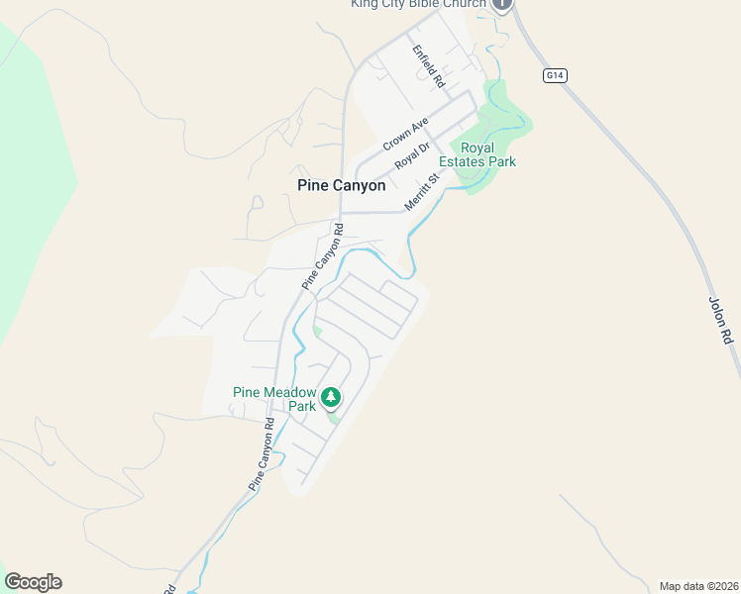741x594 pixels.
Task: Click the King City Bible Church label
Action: (418, 4)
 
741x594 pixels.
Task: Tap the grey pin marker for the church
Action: (502, 5)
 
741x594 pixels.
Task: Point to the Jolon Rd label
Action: (721, 319)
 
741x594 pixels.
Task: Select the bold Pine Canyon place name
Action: (341, 185)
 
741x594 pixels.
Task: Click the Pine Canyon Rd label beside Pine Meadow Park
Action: (260, 454)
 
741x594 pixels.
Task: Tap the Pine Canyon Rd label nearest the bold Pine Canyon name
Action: (323, 256)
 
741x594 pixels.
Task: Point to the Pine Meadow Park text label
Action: (274, 399)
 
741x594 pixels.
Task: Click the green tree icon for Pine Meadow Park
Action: (331, 398)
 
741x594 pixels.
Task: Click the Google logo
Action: (33, 582)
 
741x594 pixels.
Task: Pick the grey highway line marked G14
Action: (634, 158)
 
